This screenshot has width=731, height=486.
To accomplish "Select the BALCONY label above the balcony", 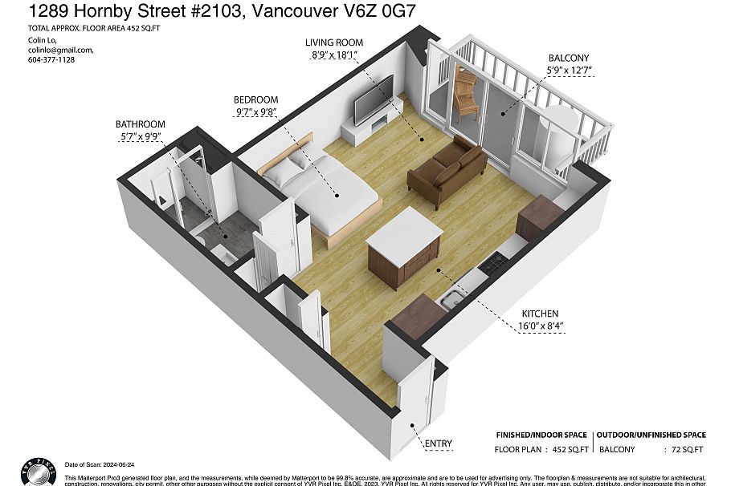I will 569,59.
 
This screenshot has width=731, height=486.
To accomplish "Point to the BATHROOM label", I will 140,124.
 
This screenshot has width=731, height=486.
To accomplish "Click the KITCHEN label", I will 538,314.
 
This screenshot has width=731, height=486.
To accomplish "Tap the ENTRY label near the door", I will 439,443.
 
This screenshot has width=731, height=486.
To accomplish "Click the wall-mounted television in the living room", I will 374,99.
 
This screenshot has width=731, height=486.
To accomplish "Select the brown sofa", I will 447,172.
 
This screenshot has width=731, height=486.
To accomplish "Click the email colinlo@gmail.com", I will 50,50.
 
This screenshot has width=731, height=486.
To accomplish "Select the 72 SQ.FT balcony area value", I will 687,450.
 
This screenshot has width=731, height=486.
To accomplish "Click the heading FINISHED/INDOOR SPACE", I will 541,434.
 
